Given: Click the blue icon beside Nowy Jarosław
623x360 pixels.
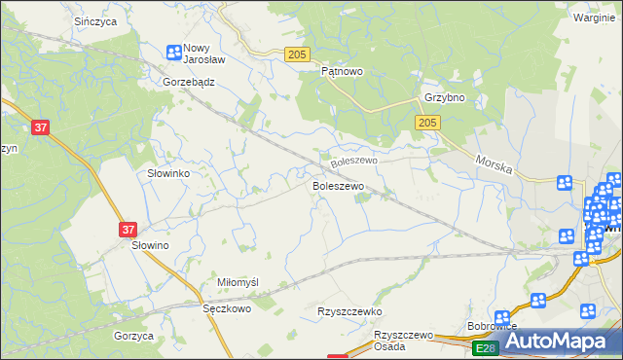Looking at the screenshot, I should click(x=173, y=53).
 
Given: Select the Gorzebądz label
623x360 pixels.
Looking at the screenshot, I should click(x=189, y=83).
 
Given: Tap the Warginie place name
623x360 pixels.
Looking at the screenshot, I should click(x=593, y=18).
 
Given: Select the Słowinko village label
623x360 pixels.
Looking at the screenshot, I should click(x=167, y=172).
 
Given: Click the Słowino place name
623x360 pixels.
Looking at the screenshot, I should click(x=151, y=246).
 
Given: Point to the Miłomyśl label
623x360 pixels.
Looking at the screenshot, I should click(x=238, y=282).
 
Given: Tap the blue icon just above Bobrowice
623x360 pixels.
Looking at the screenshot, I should click(x=502, y=317).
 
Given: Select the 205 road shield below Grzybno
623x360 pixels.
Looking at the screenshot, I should click(x=427, y=122).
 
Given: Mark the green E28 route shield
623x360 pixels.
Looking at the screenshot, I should click(x=485, y=347).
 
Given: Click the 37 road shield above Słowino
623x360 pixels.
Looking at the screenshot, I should click(x=128, y=230).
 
